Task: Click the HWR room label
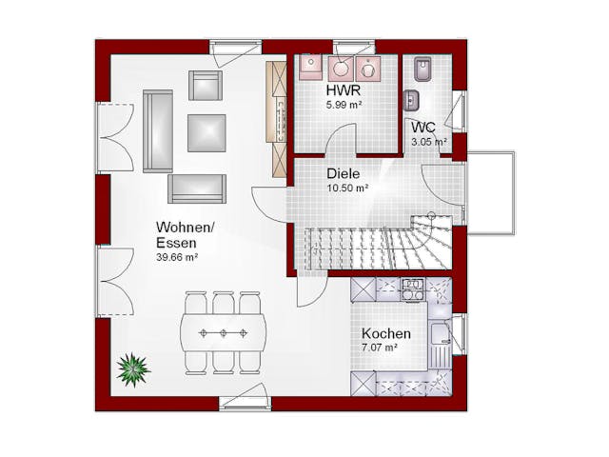pyautogui.click(x=344, y=90)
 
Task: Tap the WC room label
pyautogui.click(x=423, y=127)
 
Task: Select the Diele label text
pyautogui.click(x=343, y=173)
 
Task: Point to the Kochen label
pyautogui.click(x=386, y=333)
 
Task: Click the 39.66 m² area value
pyautogui.click(x=177, y=257)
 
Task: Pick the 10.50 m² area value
pyautogui.click(x=347, y=189)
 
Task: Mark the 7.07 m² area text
pyautogui.click(x=379, y=348)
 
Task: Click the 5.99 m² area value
pyautogui.click(x=344, y=105)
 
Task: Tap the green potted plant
pyautogui.click(x=133, y=369)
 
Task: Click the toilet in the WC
pyautogui.click(x=422, y=70)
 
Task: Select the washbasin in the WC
pyautogui.click(x=411, y=101)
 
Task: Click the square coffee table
pyautogui.click(x=206, y=133)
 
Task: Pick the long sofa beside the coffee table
pyautogui.click(x=158, y=131)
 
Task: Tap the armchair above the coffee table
pyautogui.click(x=206, y=85)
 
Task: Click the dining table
pyautogui.click(x=224, y=333)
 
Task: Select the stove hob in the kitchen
pyautogui.click(x=412, y=289)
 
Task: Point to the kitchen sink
pyautogui.click(x=440, y=334)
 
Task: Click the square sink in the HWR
pyautogui.click(x=310, y=68)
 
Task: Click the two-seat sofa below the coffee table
pyautogui.click(x=197, y=189)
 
